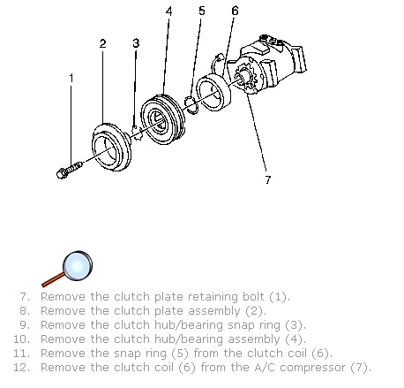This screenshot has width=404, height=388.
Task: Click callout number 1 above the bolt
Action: (x=71, y=79)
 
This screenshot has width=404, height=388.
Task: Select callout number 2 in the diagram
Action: (x=102, y=43)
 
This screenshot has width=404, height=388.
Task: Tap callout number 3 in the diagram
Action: (x=136, y=43)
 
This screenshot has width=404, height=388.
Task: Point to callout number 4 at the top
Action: (x=168, y=11)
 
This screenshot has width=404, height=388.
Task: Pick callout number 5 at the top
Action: (x=202, y=11)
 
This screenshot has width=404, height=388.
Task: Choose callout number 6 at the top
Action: (x=235, y=11)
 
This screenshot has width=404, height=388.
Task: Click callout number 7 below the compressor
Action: (x=267, y=179)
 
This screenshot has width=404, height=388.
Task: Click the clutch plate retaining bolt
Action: (x=69, y=170)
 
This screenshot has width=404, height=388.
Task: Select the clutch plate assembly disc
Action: (x=111, y=148)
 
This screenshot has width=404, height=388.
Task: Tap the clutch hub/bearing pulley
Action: (x=162, y=119)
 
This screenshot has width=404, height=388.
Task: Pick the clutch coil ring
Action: (x=213, y=92)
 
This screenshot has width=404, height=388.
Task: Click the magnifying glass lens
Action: (x=78, y=266)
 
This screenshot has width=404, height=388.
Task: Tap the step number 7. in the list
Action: (x=25, y=296)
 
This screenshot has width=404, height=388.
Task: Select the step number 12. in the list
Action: (x=22, y=368)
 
